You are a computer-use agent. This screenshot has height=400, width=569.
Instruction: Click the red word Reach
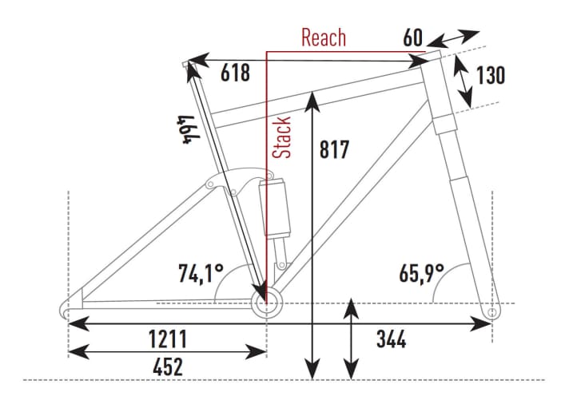click(323, 37)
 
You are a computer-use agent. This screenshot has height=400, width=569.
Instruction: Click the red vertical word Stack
click(281, 137)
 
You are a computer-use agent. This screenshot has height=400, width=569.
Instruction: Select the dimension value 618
click(235, 73)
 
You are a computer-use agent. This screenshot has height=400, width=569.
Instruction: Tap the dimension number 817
click(334, 149)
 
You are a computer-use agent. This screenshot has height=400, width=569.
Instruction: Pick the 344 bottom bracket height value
click(391, 341)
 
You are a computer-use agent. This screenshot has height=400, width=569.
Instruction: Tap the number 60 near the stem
click(412, 38)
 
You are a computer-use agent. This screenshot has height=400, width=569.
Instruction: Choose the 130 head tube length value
click(490, 76)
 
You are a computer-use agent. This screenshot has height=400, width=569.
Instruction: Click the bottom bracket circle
click(268, 303)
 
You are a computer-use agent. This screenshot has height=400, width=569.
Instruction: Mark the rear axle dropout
click(68, 307)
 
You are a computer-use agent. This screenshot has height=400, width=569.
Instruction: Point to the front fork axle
click(491, 311)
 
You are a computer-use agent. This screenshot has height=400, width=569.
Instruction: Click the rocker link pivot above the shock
click(211, 185)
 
